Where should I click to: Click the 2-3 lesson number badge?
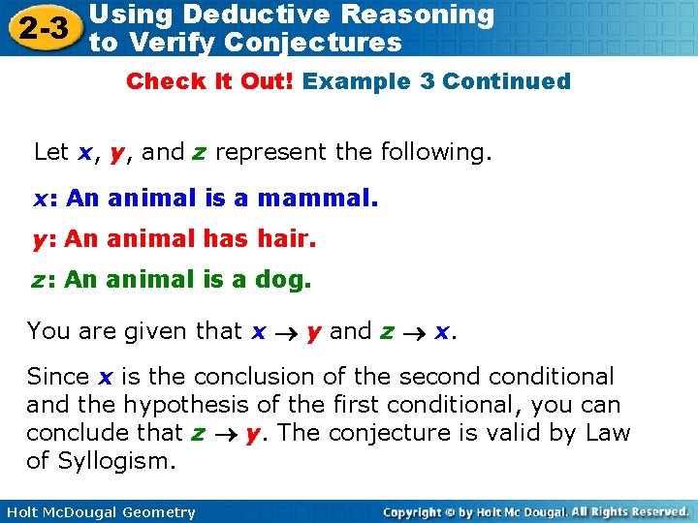(41, 28)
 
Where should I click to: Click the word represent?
(261, 152)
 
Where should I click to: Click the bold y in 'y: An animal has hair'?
(40, 240)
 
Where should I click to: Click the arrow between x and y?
(287, 332)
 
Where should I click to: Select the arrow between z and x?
(414, 332)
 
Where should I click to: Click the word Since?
(58, 376)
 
